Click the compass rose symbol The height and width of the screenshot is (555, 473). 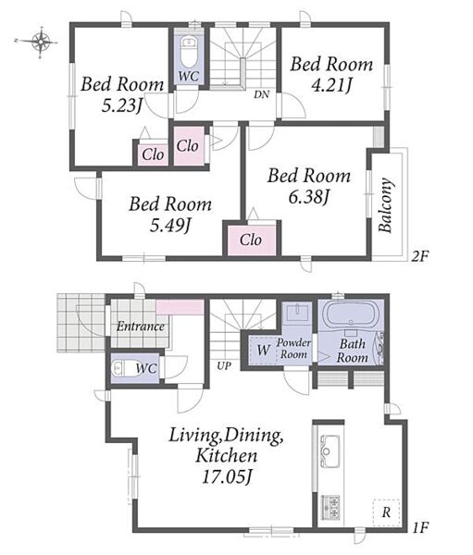(x=41, y=42)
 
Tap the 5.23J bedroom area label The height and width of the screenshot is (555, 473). (x=122, y=105)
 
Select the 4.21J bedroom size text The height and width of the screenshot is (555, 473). (x=332, y=85)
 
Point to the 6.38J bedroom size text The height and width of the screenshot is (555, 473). (x=309, y=197)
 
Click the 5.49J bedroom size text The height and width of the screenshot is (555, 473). (x=170, y=226)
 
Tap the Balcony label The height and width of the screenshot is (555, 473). (x=385, y=205)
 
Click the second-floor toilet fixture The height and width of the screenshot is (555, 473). (x=188, y=52)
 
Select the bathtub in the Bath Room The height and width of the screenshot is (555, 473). (x=351, y=315)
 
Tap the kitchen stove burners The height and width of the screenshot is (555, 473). (x=330, y=508)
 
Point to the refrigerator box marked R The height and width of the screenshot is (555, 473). (x=386, y=512)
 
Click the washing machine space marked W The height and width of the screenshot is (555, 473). (x=263, y=350)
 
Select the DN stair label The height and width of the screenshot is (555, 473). (x=261, y=94)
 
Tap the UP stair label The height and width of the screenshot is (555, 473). (x=224, y=366)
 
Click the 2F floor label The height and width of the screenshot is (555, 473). (x=419, y=255)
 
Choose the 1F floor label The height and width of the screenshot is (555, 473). (x=420, y=528)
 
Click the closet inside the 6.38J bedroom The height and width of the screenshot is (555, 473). (x=251, y=240)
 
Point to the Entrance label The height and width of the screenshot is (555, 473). (x=141, y=326)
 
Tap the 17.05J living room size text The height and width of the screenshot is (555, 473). (x=227, y=476)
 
